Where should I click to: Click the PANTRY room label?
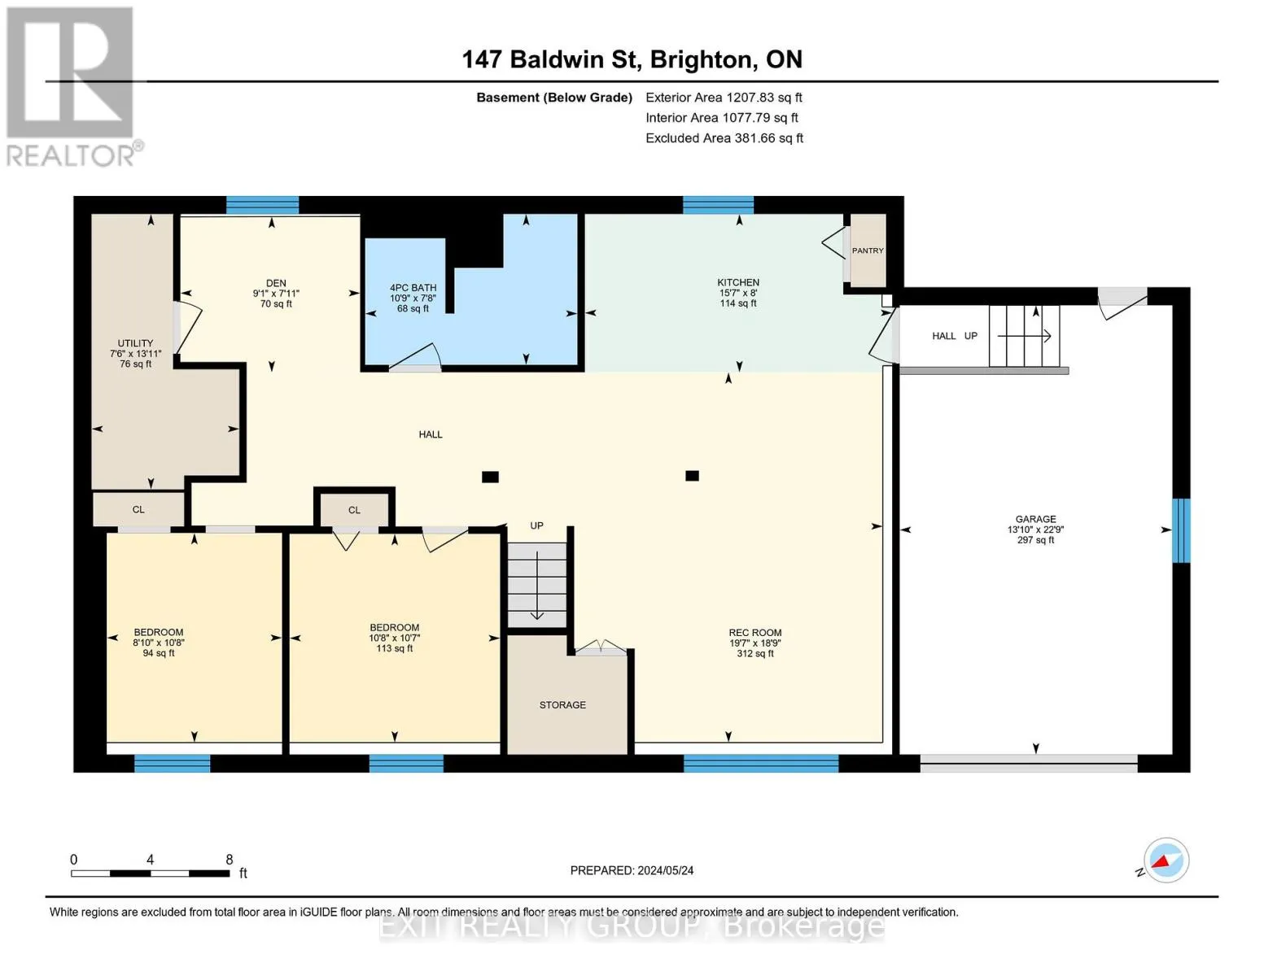pyautogui.click(x=868, y=251)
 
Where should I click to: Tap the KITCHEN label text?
pyautogui.click(x=738, y=282)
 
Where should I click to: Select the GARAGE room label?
pyautogui.click(x=1035, y=519)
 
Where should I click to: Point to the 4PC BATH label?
pyautogui.click(x=413, y=288)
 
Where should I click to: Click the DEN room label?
pyautogui.click(x=276, y=283)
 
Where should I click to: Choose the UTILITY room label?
pyautogui.click(x=136, y=343)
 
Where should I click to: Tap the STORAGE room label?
pyautogui.click(x=562, y=705)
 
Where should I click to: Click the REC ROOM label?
pyautogui.click(x=755, y=633)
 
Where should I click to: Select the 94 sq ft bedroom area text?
pyautogui.click(x=159, y=653)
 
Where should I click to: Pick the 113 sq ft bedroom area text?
pyautogui.click(x=395, y=649)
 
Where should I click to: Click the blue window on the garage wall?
pyautogui.click(x=1181, y=530)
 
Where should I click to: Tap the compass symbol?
pyautogui.click(x=1166, y=861)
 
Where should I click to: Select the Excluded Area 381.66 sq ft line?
pyautogui.click(x=724, y=138)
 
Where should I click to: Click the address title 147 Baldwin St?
pyautogui.click(x=549, y=59)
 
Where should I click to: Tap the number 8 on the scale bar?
pyautogui.click(x=230, y=860)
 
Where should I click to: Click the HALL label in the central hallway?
pyautogui.click(x=431, y=435)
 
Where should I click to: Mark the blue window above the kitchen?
pyautogui.click(x=719, y=205)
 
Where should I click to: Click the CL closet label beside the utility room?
pyautogui.click(x=138, y=510)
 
